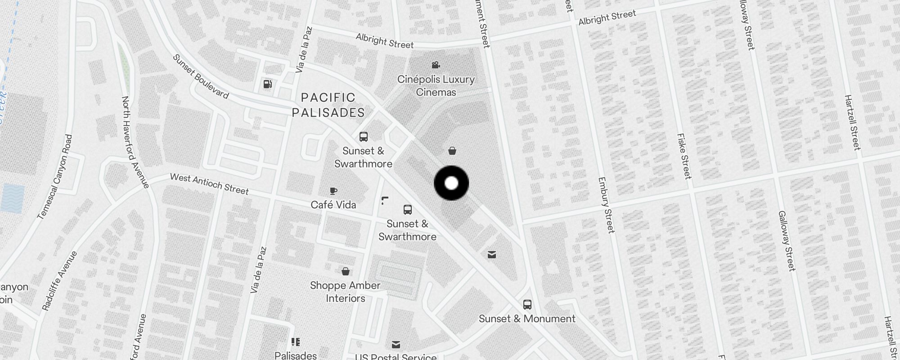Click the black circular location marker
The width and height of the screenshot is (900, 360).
451,183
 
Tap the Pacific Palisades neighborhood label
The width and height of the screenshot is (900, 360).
328,105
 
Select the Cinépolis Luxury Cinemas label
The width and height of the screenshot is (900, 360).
436,85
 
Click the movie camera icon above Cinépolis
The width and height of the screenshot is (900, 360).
436,65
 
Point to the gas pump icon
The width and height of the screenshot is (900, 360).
268,84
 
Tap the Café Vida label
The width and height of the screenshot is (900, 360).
333,205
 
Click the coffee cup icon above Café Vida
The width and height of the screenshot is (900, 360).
333,191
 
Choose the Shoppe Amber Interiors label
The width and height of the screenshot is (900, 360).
345,292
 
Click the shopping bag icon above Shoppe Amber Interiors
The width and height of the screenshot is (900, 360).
346,271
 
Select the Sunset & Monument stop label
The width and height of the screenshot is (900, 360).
527,319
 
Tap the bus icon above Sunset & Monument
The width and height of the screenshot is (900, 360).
527,305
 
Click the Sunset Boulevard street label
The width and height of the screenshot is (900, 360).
201,76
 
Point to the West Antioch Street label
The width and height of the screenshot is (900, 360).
209,184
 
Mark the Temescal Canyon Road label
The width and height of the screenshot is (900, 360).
55,177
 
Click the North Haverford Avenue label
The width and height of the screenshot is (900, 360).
135,142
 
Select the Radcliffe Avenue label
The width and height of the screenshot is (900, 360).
59,281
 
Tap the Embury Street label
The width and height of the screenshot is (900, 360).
606,205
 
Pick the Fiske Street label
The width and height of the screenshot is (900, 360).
684,156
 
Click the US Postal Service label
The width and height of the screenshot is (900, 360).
396,356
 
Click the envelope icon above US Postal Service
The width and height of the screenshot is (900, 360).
396,345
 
